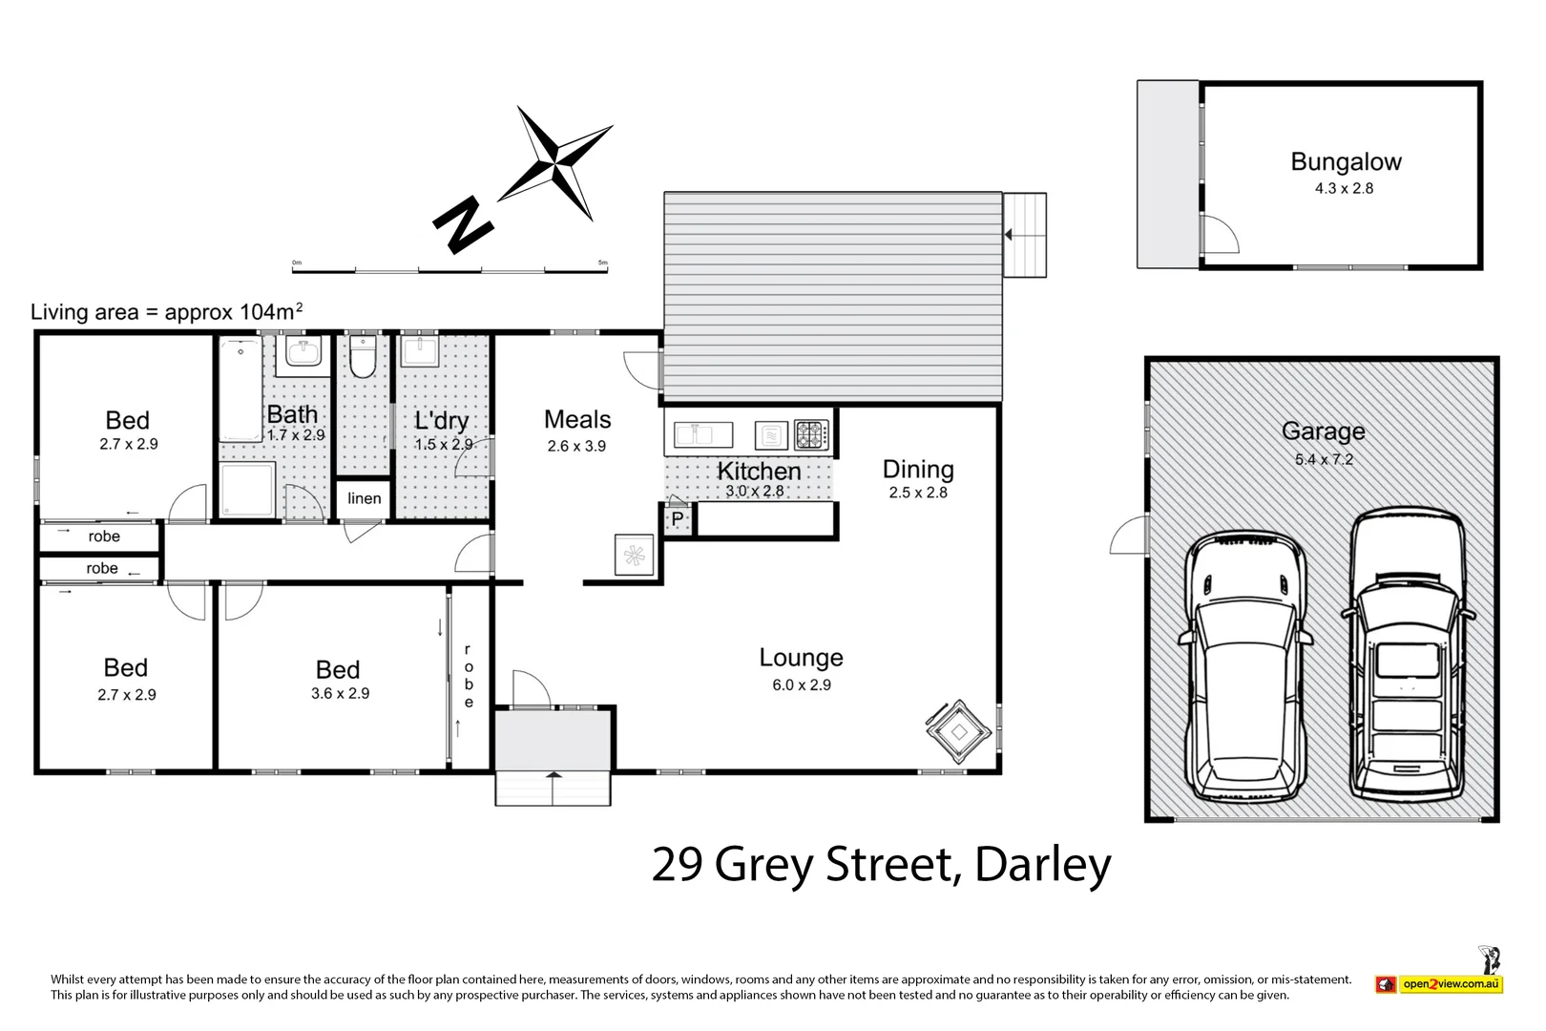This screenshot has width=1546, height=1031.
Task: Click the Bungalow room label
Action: tap(1346, 162)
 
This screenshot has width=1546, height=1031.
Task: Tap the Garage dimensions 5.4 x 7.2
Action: tap(1324, 459)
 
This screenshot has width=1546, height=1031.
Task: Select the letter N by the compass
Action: tap(463, 225)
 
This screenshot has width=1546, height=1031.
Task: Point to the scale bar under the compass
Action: tap(449, 269)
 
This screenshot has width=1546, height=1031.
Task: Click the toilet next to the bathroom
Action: tap(363, 356)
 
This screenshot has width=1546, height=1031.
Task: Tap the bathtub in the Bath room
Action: tap(240, 389)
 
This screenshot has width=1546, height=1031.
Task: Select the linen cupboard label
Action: tap(364, 498)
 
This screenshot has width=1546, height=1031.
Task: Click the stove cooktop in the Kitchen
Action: tap(811, 435)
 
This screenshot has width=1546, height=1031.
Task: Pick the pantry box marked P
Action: tap(677, 519)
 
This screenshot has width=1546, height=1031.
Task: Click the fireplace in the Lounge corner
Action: tap(958, 732)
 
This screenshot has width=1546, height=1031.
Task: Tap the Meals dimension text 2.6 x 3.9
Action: tap(576, 446)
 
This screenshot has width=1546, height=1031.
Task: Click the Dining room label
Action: tap(918, 469)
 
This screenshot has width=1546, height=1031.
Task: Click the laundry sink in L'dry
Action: tap(419, 351)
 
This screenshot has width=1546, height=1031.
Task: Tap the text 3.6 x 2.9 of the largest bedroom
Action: tap(340, 694)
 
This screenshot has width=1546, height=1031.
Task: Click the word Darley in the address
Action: tap(1043, 864)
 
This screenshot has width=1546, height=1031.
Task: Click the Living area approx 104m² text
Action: tap(167, 312)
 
